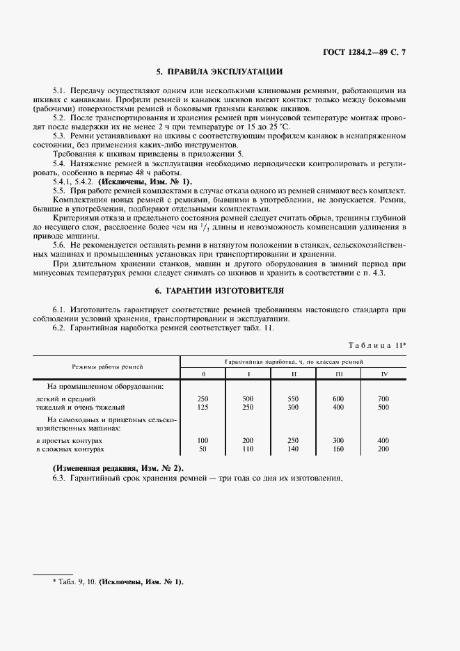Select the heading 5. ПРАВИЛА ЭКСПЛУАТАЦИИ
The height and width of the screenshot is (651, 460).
[x=219, y=72]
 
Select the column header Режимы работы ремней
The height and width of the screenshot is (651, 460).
[x=107, y=366]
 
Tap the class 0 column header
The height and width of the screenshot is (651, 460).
[x=203, y=375]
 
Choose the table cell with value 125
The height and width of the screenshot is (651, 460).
[x=203, y=407]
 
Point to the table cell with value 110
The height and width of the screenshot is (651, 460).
[x=248, y=450]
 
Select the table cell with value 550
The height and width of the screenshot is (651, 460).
[x=293, y=399]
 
